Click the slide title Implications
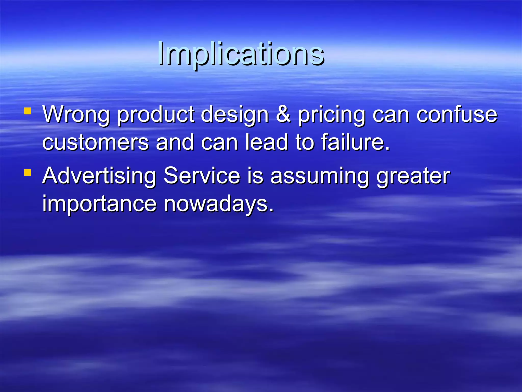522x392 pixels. (x=241, y=54)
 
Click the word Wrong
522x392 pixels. (x=76, y=115)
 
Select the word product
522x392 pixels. (x=155, y=115)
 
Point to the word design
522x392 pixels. (x=234, y=115)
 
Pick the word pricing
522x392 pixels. (x=332, y=115)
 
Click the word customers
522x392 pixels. (x=95, y=142)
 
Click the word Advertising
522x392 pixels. (x=99, y=176)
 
